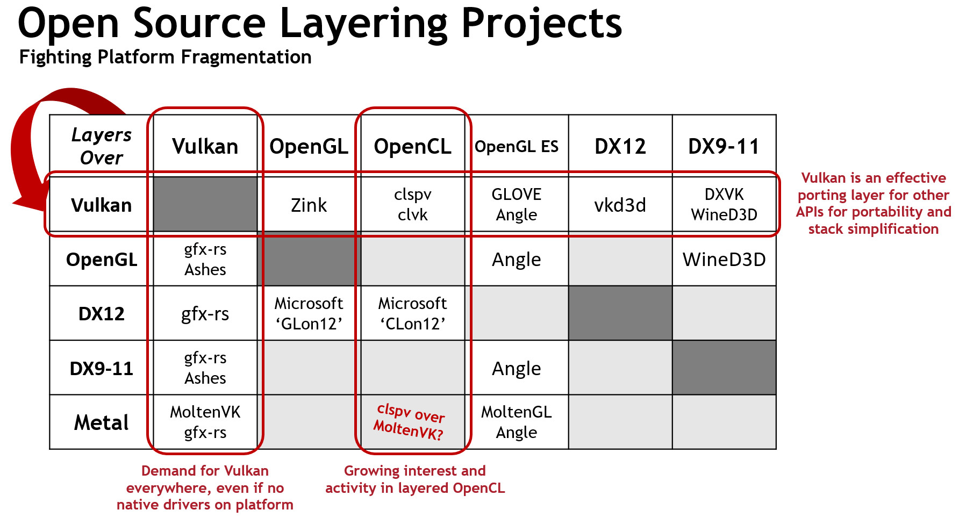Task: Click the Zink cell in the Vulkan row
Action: (x=309, y=205)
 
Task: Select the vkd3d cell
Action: (x=620, y=205)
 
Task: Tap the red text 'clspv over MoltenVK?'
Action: (x=410, y=422)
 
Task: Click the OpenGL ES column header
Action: (x=516, y=146)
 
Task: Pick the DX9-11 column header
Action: (x=724, y=146)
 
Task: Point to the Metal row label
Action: (x=101, y=422)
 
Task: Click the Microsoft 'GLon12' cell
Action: (x=309, y=313)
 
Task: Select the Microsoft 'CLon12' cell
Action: (x=412, y=313)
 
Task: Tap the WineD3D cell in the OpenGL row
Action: (x=724, y=260)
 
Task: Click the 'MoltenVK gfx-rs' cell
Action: (x=205, y=422)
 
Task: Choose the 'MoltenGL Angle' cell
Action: (x=516, y=422)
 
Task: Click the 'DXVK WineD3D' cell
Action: (x=724, y=205)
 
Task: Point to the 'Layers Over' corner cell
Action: (x=101, y=146)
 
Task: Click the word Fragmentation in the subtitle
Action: (x=246, y=57)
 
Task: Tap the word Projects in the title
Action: (x=541, y=24)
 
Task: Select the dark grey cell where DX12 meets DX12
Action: (x=620, y=313)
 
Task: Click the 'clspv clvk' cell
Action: (x=412, y=205)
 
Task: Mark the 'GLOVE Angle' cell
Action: (x=516, y=205)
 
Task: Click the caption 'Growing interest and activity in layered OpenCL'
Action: (x=414, y=479)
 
